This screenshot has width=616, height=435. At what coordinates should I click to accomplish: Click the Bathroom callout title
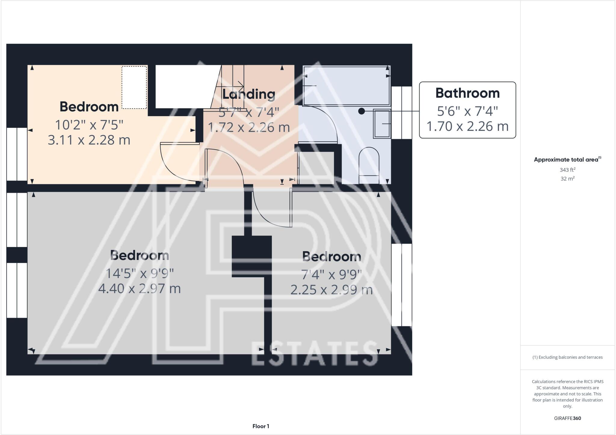click(467, 93)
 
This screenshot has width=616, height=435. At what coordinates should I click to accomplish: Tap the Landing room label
click(249, 94)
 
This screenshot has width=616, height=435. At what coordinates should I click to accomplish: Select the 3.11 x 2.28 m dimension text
click(89, 140)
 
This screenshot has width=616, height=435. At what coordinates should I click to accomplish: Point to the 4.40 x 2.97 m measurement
click(140, 289)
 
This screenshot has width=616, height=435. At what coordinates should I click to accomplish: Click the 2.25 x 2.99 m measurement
click(331, 290)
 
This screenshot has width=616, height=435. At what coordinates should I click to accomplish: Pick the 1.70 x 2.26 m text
click(467, 126)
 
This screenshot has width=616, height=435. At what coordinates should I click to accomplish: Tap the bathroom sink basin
click(382, 124)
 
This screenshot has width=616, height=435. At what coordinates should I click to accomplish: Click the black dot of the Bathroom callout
click(362, 111)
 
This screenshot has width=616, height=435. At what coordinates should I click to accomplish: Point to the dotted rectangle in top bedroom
click(134, 88)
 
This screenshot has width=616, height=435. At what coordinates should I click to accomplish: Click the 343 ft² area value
click(567, 170)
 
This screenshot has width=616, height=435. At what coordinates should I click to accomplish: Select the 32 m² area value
click(567, 179)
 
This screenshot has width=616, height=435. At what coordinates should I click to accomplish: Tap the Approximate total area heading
click(567, 160)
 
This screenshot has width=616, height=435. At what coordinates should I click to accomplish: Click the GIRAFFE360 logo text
click(567, 418)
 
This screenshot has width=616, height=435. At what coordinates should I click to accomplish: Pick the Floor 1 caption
click(261, 426)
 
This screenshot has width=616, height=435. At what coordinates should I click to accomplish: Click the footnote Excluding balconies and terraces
click(567, 357)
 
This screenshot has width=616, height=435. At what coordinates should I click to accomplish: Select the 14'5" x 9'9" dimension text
click(140, 274)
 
